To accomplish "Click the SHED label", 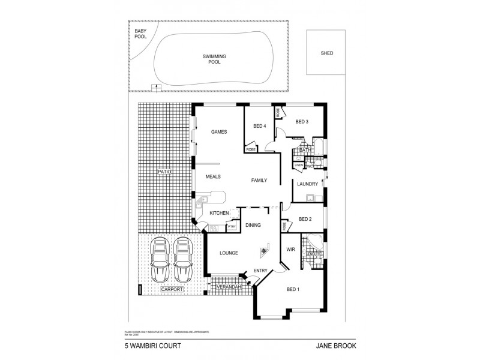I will click(327, 53).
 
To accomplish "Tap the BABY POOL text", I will click(140, 34).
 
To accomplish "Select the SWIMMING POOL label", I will click(214, 59).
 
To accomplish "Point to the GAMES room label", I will click(218, 131).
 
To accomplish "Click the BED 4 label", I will click(259, 126).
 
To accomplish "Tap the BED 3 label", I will click(302, 122).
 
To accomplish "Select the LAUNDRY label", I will click(307, 184).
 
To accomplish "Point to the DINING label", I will click(253, 225).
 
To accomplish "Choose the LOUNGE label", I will click(229, 253).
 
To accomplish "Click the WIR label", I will click(291, 248).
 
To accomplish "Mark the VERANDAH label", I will click(229, 288).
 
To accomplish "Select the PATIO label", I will click(165, 172).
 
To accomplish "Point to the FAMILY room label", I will click(259, 180).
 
